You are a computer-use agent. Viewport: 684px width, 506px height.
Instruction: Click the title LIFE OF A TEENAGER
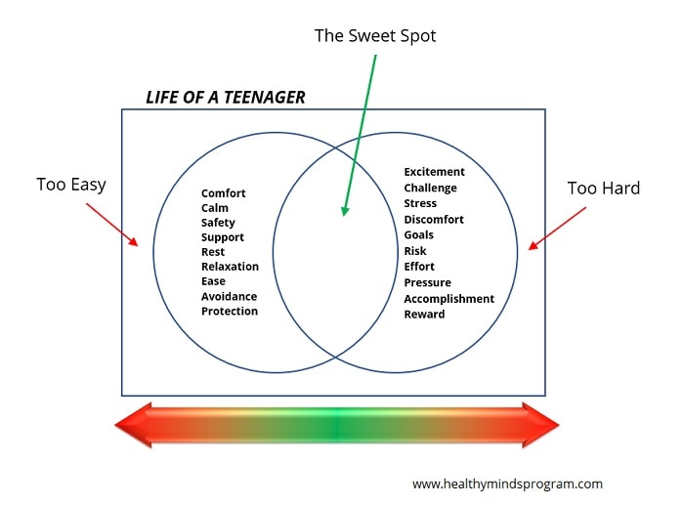click(x=225, y=97)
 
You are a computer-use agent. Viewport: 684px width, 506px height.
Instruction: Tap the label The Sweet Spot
click(x=375, y=35)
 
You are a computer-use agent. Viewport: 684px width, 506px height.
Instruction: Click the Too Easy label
click(x=71, y=184)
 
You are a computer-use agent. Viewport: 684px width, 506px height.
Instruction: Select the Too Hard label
click(x=604, y=188)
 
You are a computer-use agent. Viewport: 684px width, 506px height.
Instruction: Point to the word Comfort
click(x=224, y=193)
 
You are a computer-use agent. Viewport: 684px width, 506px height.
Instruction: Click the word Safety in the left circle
click(x=218, y=223)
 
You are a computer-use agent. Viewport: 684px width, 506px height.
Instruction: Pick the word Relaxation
click(x=231, y=267)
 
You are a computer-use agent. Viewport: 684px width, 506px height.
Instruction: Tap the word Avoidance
click(x=230, y=296)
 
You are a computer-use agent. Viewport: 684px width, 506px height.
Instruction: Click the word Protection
click(x=230, y=312)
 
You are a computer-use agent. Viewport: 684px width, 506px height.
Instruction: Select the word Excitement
click(x=435, y=173)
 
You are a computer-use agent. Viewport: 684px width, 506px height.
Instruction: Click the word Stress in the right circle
click(x=420, y=204)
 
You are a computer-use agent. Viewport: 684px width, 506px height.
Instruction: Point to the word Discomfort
click(x=434, y=220)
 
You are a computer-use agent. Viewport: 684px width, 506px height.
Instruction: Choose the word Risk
click(x=415, y=251)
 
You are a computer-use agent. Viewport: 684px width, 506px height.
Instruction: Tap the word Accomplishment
click(x=449, y=299)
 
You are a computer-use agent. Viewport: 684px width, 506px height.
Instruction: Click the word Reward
click(x=424, y=315)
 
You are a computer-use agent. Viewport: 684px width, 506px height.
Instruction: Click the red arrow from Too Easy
click(x=112, y=224)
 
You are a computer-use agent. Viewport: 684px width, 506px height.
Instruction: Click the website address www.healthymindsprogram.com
click(x=507, y=484)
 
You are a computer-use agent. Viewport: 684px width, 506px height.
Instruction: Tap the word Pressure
click(x=428, y=283)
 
